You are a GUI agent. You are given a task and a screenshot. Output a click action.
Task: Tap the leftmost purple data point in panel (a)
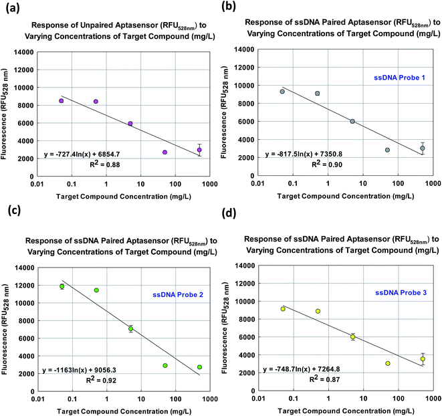61,101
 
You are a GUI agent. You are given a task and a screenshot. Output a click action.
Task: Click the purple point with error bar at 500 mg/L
199,150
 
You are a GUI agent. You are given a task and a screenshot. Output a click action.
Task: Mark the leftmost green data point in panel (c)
62,286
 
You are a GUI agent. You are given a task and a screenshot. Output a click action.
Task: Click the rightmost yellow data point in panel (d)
422,359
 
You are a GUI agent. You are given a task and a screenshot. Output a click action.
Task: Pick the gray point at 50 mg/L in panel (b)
387,150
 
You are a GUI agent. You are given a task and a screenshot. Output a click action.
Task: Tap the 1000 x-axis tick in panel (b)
431,182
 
